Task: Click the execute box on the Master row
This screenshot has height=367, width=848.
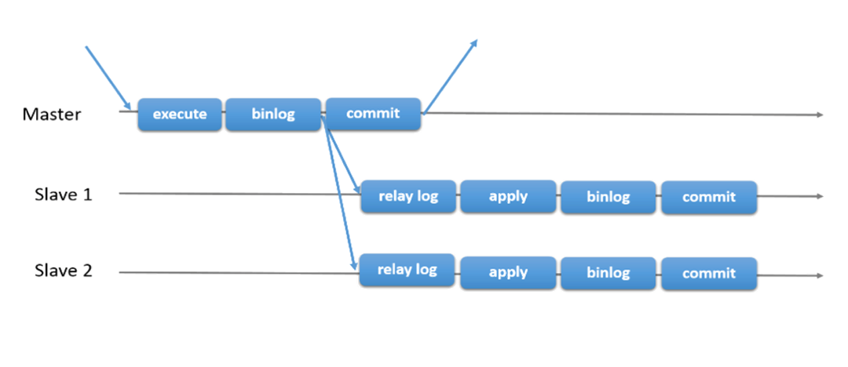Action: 180,114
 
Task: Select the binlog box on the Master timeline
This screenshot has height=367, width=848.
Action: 273,114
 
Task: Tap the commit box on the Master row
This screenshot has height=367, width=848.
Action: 373,114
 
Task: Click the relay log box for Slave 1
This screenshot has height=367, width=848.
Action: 408,196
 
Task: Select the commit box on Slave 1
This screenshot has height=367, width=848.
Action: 708,198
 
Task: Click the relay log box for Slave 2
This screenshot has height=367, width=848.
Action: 407,271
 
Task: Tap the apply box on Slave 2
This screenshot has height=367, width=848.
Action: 508,273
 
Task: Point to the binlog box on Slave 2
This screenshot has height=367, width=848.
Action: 608,273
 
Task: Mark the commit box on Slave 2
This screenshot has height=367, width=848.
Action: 708,274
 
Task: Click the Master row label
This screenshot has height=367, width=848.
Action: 52,114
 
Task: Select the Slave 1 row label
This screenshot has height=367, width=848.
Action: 63,194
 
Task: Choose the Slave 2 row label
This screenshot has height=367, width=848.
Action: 63,271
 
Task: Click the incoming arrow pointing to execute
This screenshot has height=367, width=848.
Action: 108,78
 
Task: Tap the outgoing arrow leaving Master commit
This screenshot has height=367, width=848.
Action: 449,76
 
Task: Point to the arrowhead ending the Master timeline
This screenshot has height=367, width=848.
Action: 819,115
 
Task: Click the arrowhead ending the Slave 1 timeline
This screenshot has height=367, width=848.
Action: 819,196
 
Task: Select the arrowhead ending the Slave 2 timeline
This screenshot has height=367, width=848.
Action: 819,275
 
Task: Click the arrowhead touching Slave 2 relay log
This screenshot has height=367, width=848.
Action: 355,264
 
